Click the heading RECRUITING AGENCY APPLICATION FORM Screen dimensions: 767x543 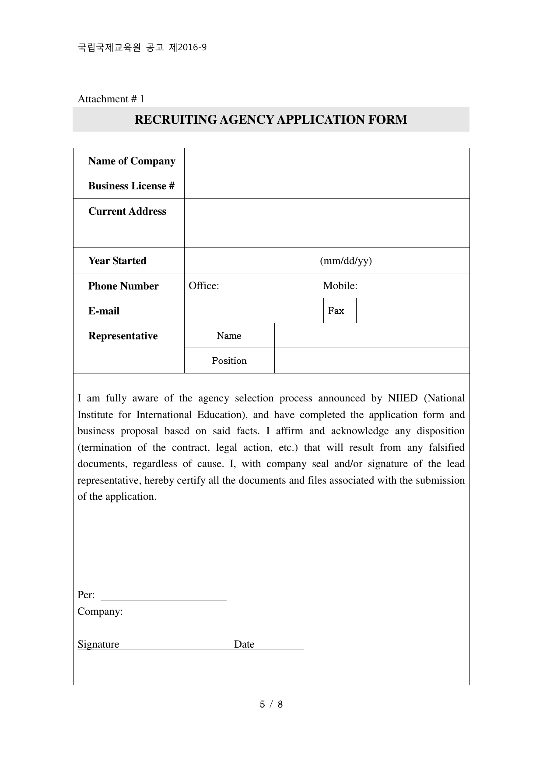270,119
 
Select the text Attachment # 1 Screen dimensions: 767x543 111,99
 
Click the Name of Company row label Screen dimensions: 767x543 131,161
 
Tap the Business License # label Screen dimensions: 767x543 131,186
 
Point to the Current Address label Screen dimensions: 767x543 127,211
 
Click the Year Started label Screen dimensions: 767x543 117,261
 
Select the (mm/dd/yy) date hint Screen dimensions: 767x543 346,261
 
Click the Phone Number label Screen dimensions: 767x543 123,286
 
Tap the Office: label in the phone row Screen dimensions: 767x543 203,286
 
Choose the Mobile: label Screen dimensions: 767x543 340,286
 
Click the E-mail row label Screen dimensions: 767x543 104,311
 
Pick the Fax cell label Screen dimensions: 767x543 336,311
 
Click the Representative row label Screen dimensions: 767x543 123,336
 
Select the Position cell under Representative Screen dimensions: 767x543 229,361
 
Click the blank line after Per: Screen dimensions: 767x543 164,596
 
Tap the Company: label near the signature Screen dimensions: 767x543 100,611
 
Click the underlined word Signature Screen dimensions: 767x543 98,644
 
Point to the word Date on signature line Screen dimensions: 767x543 244,644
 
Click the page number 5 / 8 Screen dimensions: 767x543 271,704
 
